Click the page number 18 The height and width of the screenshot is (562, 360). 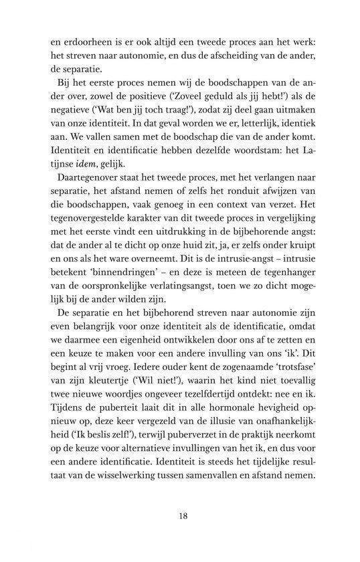coord(182,515)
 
